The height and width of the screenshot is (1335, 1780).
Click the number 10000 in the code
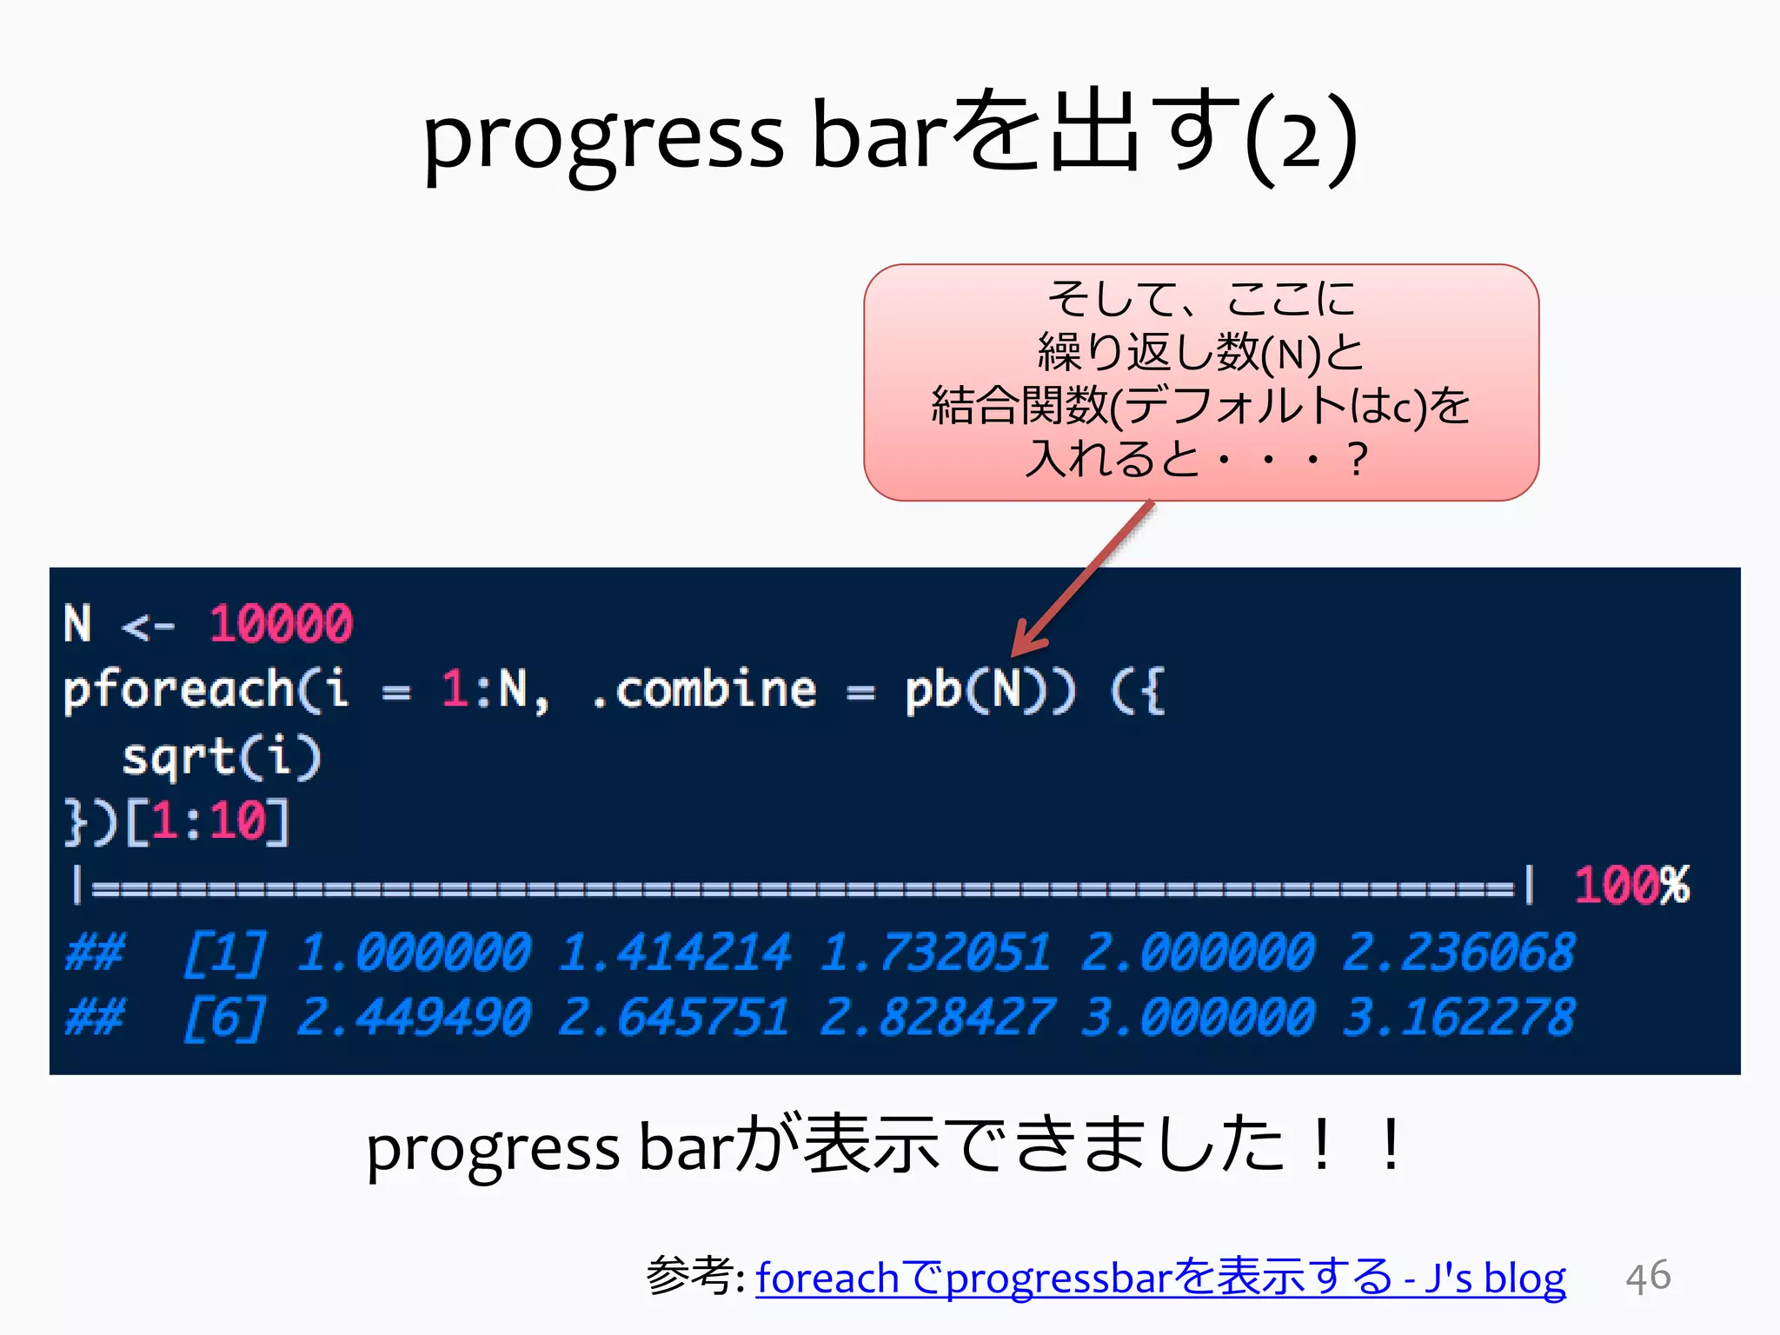point(281,624)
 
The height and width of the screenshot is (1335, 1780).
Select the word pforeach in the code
point(178,690)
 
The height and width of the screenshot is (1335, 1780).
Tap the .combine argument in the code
point(703,690)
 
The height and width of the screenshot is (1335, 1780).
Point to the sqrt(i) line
point(222,757)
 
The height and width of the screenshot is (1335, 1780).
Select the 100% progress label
point(1631,886)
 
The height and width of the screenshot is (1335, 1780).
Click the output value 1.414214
point(674,952)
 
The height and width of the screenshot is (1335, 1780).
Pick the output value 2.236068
point(1458,952)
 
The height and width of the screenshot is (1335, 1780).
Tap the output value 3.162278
point(1458,1017)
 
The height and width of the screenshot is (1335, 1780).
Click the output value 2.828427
point(936,1017)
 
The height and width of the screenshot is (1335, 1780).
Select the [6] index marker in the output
point(223,1018)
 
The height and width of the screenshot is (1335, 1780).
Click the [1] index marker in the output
point(223,953)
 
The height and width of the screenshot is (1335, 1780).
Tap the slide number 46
point(1648,1277)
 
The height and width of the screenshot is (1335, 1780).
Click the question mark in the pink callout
point(1356,459)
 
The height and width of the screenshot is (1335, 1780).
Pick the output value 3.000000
point(1197,1017)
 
